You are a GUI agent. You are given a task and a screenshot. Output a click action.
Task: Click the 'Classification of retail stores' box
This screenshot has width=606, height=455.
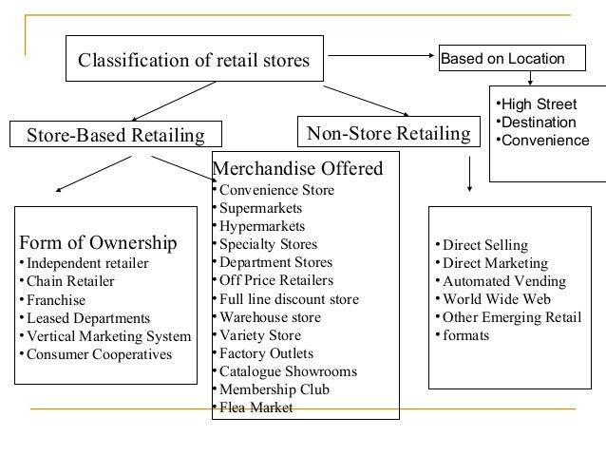click(x=194, y=62)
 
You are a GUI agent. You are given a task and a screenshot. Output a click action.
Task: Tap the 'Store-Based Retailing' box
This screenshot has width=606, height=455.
click(x=114, y=135)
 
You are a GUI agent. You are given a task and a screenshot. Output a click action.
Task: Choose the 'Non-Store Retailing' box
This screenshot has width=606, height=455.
click(x=386, y=133)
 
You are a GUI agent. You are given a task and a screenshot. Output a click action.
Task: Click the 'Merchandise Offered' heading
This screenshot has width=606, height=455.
click(x=296, y=170)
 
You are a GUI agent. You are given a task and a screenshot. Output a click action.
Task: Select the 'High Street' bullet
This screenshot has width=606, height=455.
click(x=537, y=104)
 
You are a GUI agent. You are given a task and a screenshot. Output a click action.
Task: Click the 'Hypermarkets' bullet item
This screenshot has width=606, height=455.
click(x=261, y=226)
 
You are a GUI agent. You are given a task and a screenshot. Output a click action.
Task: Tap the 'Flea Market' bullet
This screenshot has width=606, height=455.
click(x=256, y=408)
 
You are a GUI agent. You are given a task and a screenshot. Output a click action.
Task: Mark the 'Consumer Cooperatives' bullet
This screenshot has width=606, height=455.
click(x=99, y=354)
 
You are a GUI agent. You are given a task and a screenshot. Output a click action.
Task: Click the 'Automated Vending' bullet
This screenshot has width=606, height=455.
click(x=502, y=281)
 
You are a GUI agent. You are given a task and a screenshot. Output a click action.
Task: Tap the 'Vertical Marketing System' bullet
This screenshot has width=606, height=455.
click(x=108, y=336)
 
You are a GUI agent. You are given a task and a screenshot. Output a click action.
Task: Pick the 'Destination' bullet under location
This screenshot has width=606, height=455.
click(x=537, y=123)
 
